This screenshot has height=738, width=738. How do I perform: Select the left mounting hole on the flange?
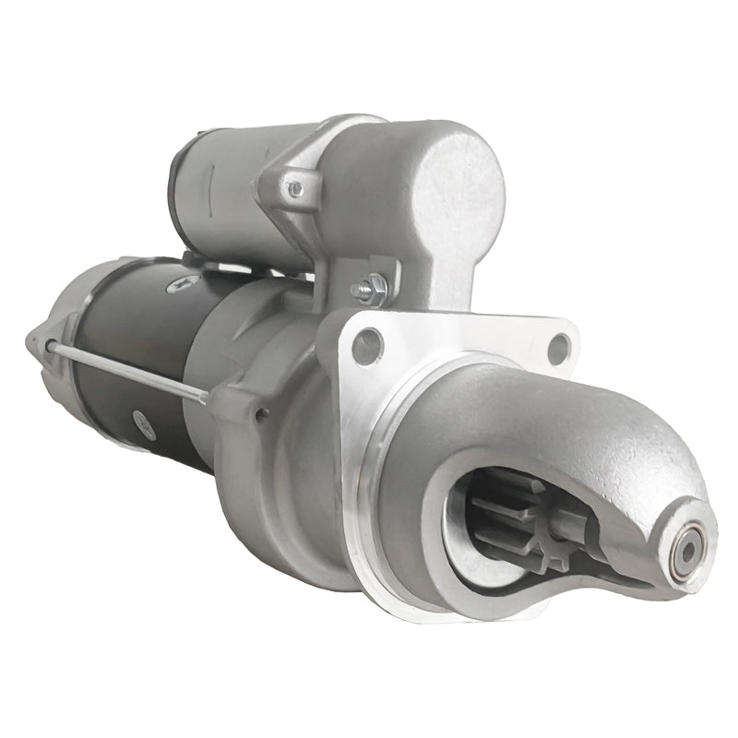366,346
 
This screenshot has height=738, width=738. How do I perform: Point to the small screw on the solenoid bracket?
295,189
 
